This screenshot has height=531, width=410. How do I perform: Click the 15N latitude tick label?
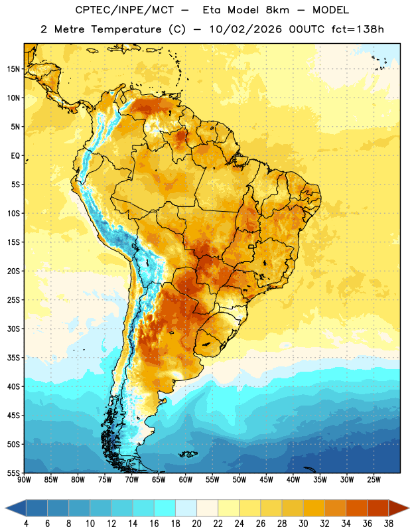tap(13, 69)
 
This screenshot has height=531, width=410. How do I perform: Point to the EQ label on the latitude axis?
tap(15, 156)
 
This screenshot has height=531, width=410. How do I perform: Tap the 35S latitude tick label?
tap(13, 358)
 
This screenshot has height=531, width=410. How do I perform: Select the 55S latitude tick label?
tap(13, 473)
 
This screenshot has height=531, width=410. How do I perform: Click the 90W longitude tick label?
tap(24, 479)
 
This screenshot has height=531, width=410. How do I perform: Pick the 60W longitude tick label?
tap(186, 479)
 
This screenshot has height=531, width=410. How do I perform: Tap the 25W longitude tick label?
tap(374, 479)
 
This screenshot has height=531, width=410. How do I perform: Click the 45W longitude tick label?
tap(266, 479)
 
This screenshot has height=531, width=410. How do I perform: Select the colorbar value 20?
tap(196, 524)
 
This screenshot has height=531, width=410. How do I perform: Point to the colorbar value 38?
tap(389, 524)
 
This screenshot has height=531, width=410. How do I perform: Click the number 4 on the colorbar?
tap(26, 524)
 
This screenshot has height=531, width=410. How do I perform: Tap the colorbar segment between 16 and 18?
tap(165, 508)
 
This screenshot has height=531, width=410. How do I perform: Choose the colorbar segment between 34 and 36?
tap(356, 508)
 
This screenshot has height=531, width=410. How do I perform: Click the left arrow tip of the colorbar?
tap(5, 508)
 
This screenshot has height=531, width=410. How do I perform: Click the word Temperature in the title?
tap(126, 29)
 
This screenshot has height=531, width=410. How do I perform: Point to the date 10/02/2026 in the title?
tap(245, 29)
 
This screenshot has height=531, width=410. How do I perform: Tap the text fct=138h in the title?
tap(358, 29)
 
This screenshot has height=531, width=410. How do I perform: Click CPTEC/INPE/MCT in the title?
tap(124, 10)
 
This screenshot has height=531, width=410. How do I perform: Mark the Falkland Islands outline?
tap(188, 454)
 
